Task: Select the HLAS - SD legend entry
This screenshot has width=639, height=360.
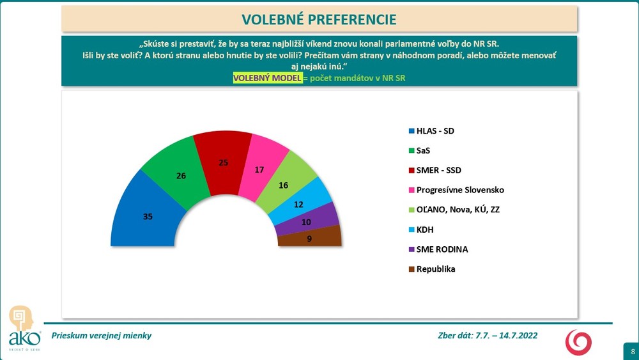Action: tap(434, 131)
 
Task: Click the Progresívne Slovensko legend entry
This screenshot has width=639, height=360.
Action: tap(456, 190)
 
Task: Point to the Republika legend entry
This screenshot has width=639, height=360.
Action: tap(435, 269)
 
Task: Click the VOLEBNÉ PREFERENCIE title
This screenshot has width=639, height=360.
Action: tap(319, 19)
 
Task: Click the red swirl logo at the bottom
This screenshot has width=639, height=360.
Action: tap(578, 341)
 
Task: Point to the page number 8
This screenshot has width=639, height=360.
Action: tap(632, 351)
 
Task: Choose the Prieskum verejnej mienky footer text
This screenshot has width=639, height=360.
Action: tap(102, 335)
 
